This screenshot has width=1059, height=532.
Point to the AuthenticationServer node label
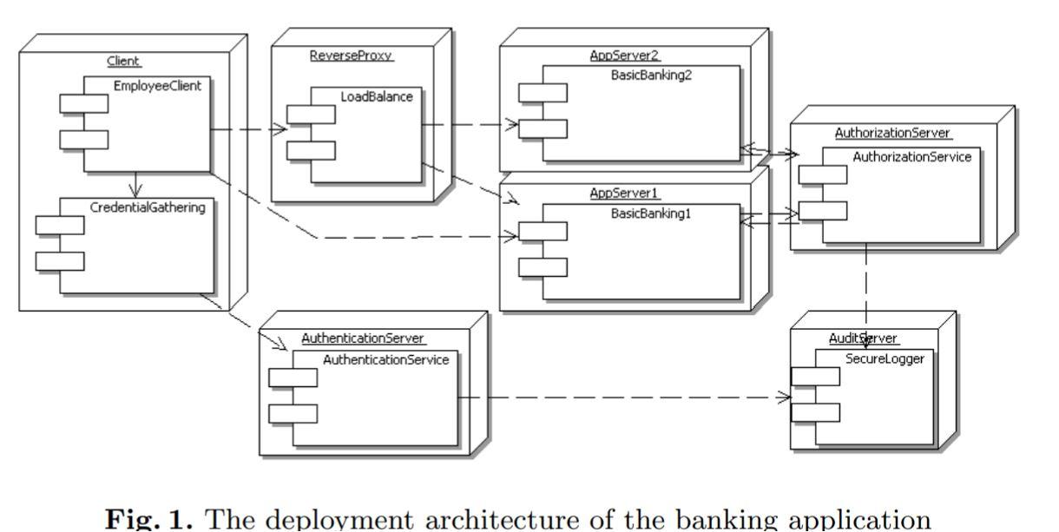(358, 337)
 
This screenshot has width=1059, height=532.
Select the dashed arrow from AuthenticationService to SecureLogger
(625, 398)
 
